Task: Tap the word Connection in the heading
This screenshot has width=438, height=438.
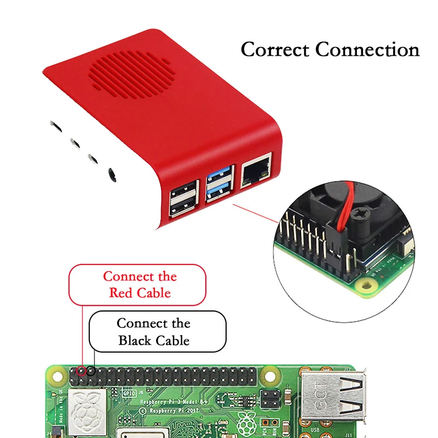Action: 367,50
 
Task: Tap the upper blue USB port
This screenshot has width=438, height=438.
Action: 220,179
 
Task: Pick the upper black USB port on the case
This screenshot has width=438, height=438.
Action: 181,193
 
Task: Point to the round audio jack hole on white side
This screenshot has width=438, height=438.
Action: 112,175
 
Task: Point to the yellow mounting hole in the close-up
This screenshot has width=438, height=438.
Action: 364,284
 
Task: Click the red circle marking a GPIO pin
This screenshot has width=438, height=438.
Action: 82,371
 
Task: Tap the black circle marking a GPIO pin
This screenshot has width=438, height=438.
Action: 91,371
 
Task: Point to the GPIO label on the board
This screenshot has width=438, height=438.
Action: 128,393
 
